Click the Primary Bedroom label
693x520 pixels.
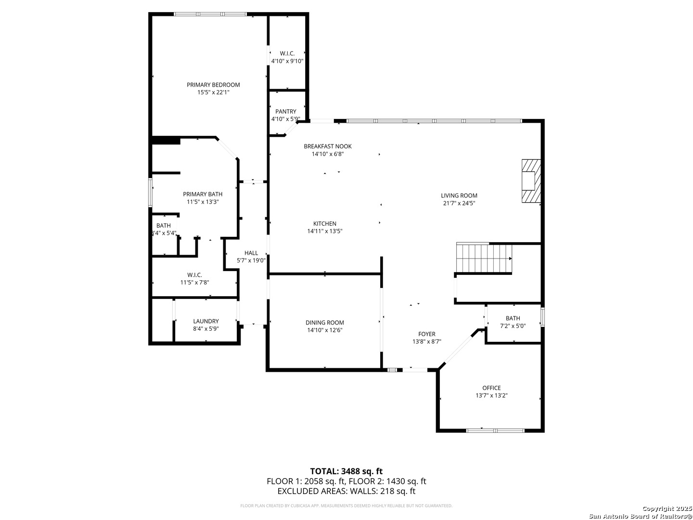[213, 85]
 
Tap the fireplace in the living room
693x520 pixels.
[531, 181]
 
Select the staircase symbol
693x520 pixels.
[484, 258]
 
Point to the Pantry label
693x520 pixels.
[286, 111]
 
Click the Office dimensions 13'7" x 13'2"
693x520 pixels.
[491, 395]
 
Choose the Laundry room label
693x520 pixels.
[206, 321]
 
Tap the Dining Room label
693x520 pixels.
[324, 323]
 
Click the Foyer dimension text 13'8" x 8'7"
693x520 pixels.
[426, 341]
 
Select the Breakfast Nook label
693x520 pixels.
[328, 146]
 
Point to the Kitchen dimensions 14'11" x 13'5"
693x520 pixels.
[325, 231]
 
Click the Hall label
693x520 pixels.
[251, 253]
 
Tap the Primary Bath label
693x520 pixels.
[203, 194]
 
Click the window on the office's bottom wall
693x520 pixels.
[495, 430]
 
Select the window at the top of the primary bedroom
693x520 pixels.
[210, 14]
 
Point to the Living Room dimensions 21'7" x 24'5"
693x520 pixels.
[459, 203]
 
